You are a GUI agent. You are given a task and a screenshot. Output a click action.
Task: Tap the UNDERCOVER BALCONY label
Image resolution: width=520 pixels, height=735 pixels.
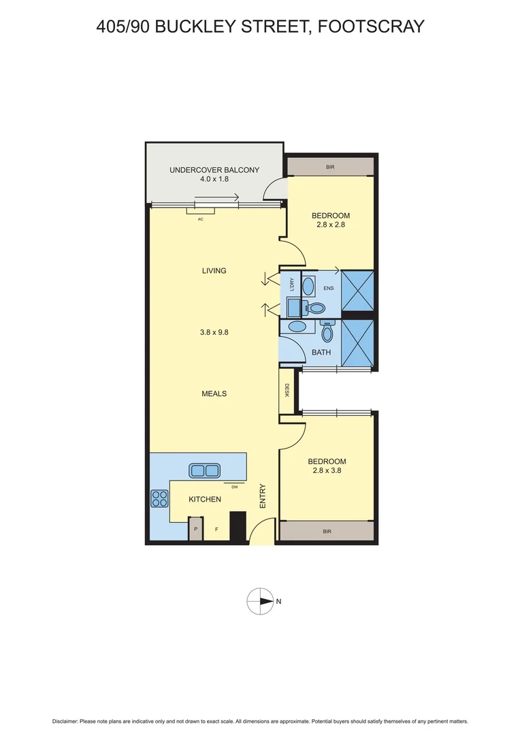pos(214,170)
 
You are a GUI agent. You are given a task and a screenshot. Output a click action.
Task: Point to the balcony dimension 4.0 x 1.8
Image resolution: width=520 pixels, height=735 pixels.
pos(214,180)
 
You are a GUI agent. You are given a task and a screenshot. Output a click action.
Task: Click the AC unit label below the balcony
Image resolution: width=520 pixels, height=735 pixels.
pos(200,219)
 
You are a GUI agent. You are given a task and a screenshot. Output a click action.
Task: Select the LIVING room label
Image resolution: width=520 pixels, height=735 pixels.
pos(214,271)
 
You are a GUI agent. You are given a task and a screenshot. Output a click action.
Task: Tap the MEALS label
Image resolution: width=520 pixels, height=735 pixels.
pos(214,393)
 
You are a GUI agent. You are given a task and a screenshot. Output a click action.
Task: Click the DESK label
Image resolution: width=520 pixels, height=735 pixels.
pos(287,391)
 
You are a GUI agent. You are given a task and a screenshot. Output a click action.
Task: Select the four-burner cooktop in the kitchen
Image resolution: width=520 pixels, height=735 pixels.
pos(159,498)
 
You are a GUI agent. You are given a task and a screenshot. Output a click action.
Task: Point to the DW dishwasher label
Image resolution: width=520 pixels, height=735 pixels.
pos(234,487)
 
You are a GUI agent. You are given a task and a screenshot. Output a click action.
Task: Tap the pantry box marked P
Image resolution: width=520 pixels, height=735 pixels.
pos(196,529)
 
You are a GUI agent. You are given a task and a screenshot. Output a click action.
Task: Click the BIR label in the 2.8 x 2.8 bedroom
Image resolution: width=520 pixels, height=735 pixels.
pos(330,167)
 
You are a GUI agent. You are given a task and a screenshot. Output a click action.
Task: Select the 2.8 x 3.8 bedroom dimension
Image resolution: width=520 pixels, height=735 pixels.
pos(329,471)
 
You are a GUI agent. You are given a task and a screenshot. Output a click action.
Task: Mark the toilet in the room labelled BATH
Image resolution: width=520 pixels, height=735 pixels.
pos(327,331)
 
